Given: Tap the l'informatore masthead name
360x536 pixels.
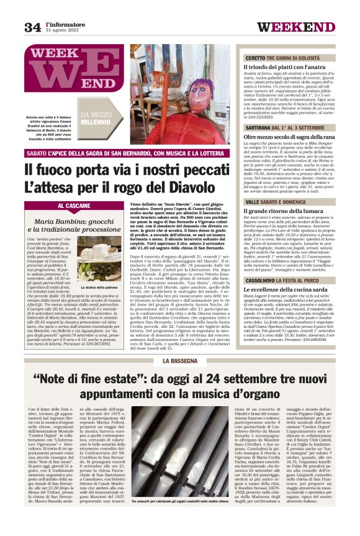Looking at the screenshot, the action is point(65,24).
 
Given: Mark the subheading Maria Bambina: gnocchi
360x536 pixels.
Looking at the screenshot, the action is point(68,221).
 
